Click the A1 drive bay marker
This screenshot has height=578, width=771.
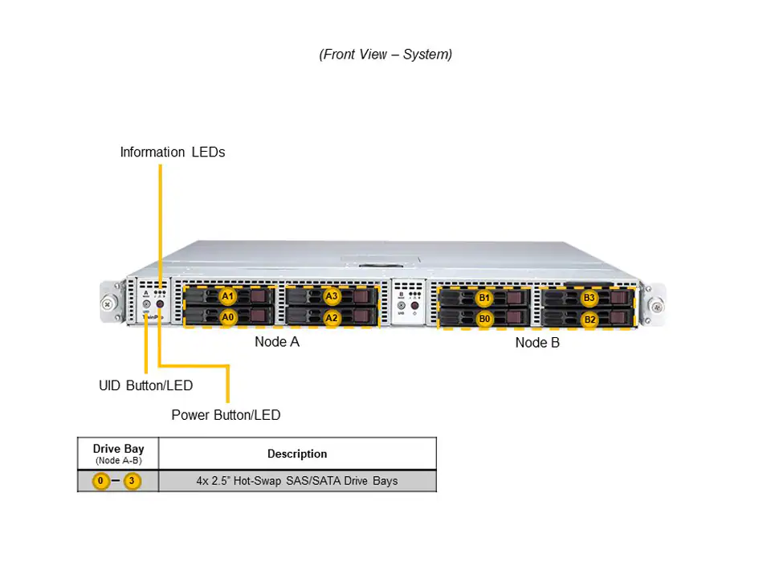tap(228, 296)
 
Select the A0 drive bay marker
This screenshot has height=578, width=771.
tap(228, 317)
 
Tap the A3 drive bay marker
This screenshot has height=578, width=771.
tap(332, 296)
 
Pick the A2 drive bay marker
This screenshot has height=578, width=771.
tap(332, 318)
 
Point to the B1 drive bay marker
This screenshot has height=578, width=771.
tap(484, 299)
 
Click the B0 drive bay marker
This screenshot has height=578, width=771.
tap(484, 319)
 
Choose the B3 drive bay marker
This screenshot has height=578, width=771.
tap(589, 298)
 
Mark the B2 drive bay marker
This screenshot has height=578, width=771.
tap(589, 320)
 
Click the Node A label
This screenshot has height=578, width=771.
tap(277, 342)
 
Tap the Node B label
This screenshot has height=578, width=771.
tap(537, 343)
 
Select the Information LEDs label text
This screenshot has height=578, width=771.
tap(173, 152)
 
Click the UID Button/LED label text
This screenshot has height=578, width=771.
tap(145, 385)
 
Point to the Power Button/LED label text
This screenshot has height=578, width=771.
tap(226, 415)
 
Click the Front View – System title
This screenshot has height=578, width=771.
tap(385, 55)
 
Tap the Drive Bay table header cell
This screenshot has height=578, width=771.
tap(118, 454)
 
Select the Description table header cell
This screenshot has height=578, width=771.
tap(297, 454)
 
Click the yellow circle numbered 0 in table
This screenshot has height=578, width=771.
tap(100, 482)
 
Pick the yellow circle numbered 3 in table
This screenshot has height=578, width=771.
tap(133, 482)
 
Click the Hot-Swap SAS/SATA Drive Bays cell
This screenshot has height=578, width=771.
tap(297, 482)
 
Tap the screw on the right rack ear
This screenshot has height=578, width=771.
tap(656, 305)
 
